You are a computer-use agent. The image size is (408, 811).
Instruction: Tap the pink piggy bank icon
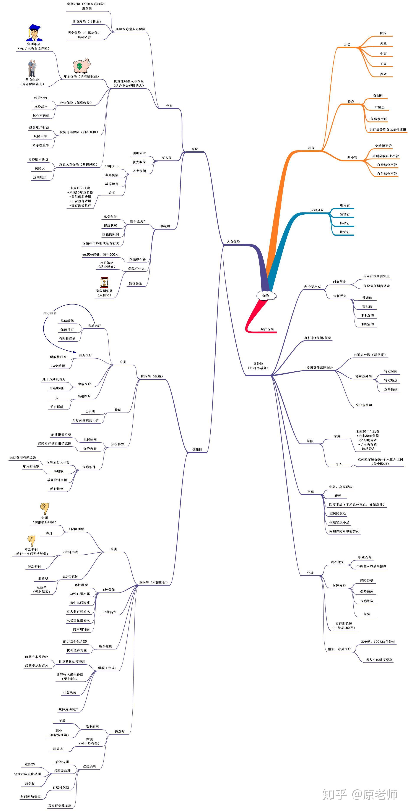coord(82,65)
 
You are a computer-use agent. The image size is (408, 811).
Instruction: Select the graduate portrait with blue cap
coord(34,32)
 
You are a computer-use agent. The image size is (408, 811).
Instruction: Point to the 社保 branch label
coord(311,148)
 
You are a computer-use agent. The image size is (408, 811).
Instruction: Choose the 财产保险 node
coord(267,329)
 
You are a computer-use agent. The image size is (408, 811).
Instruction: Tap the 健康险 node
coord(197,449)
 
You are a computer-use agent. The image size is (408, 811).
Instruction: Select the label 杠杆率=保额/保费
coord(318,338)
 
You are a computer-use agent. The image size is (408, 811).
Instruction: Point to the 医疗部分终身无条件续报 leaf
coord(387,130)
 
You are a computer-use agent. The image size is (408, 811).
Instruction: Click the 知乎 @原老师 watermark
coord(359,794)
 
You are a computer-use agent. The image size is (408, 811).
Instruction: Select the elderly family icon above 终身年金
coord(31,68)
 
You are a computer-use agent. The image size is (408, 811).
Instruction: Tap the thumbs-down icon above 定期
coord(44,508)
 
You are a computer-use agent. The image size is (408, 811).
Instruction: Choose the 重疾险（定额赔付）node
coord(153,582)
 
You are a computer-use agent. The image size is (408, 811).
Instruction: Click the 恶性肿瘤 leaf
coord(81,585)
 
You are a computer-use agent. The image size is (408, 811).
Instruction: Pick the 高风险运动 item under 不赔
coord(338,513)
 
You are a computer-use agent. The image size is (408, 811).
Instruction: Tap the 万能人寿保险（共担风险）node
coord(78,164)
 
